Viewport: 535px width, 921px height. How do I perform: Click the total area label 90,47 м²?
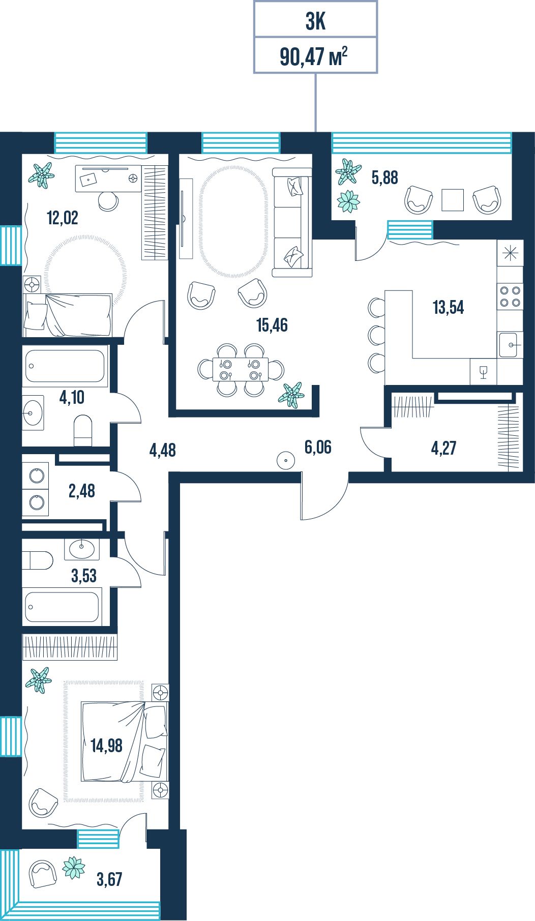point(314,55)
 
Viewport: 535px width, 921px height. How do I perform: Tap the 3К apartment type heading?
point(315,21)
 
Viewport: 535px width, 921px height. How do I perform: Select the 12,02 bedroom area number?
point(63,218)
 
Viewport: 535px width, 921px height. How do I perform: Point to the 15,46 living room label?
point(272,324)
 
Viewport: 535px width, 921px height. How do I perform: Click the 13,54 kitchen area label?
point(448,307)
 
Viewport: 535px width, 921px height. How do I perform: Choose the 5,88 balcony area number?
point(385,177)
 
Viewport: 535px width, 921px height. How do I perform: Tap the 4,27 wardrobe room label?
point(443,448)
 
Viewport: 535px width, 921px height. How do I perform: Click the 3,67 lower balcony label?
point(109,879)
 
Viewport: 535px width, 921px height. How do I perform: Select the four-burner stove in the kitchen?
point(510,296)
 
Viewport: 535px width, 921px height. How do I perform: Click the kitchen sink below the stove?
point(510,345)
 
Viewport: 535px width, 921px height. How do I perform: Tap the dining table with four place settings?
point(241,369)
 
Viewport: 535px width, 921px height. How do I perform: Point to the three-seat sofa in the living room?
point(292,222)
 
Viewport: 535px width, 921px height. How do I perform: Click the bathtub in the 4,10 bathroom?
point(65,366)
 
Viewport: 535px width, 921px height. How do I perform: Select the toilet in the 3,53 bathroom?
point(38,560)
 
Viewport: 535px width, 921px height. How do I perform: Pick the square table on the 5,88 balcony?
point(453,200)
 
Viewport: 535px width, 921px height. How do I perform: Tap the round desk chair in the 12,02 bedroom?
point(108,200)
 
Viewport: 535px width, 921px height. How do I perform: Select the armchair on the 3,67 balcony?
point(43,874)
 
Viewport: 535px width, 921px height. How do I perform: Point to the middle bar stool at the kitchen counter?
point(376,335)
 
